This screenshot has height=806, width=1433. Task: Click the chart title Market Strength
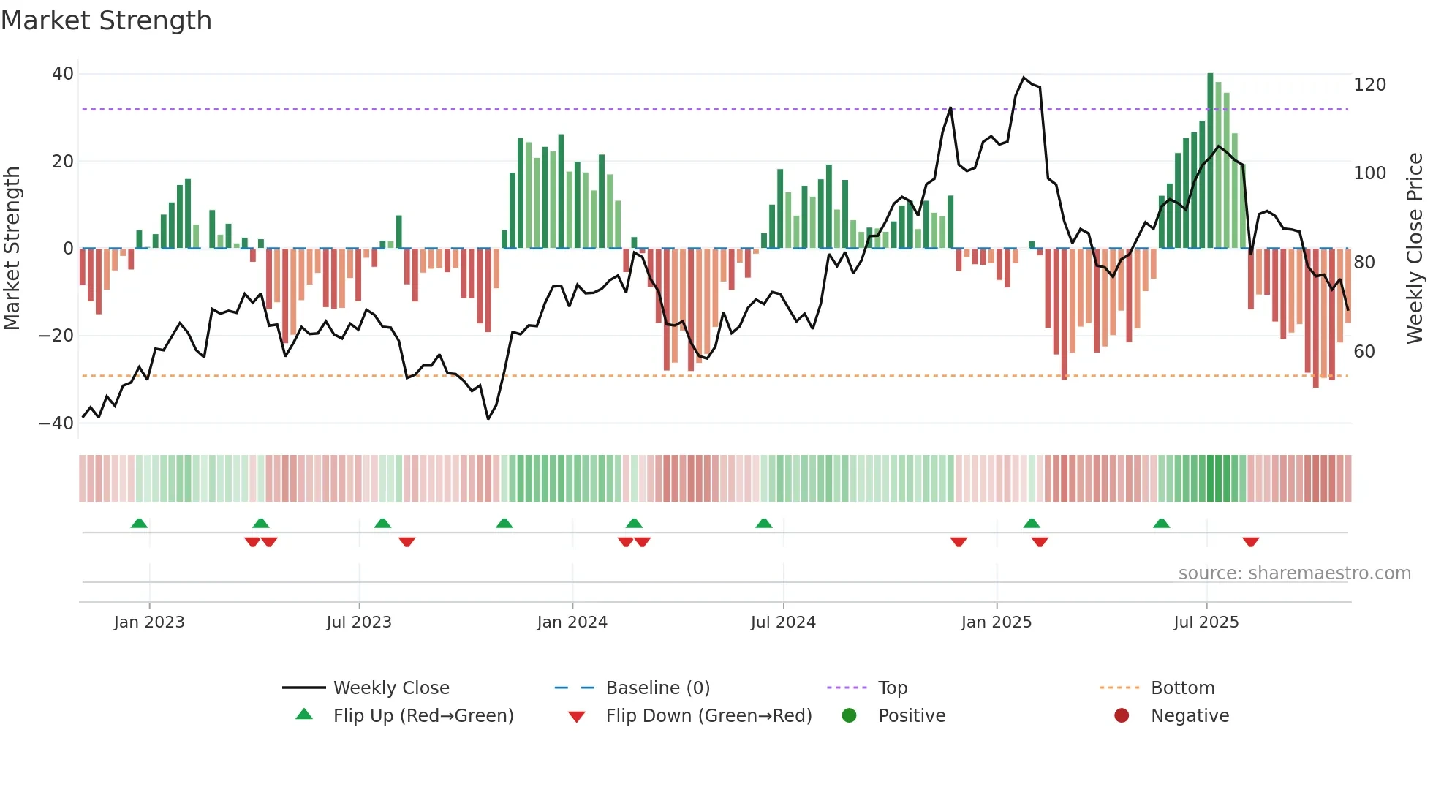click(106, 20)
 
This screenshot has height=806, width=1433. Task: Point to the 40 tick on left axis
click(63, 74)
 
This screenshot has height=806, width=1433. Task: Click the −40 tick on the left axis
click(56, 423)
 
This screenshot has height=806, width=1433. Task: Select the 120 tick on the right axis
click(1369, 85)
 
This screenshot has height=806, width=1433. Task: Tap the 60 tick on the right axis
click(1364, 352)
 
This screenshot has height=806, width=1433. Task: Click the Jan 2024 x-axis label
click(572, 622)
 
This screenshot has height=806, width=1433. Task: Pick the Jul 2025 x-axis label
click(1206, 622)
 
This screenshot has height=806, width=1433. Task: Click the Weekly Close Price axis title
click(1415, 249)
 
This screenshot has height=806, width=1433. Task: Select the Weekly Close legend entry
click(391, 688)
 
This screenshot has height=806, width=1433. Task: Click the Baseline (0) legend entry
click(657, 688)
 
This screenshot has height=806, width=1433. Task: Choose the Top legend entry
click(892, 688)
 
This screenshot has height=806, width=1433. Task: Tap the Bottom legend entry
click(1182, 688)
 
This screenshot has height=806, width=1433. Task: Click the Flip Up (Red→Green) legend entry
click(423, 716)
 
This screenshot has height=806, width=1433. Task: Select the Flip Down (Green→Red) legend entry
click(708, 716)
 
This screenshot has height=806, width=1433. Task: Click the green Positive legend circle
click(849, 715)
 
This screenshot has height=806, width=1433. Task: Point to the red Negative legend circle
click(1122, 715)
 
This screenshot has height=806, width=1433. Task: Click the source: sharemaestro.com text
click(1294, 573)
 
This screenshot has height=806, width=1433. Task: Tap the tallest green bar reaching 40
click(1210, 161)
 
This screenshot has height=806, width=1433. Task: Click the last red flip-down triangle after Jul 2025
click(1250, 542)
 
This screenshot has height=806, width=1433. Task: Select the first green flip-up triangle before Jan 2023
click(139, 523)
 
